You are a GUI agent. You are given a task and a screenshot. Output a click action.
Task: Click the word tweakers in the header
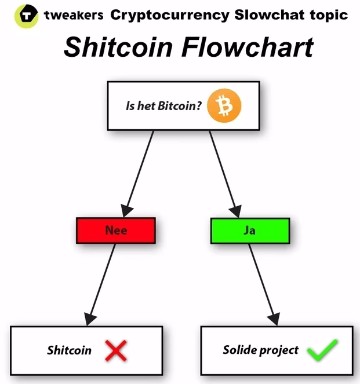tap(75, 14)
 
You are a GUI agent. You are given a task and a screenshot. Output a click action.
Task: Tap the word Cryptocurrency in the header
tap(170, 14)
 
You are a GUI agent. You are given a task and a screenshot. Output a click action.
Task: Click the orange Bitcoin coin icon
tap(224, 105)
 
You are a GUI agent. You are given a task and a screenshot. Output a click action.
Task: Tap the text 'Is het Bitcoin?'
tap(163, 106)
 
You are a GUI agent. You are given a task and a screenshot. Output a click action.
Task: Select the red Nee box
tap(116, 231)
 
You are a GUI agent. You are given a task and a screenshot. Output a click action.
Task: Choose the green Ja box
tap(249, 231)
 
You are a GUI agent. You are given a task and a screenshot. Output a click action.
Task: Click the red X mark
tap(117, 350)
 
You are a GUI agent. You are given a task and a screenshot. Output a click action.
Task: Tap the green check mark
tap(322, 350)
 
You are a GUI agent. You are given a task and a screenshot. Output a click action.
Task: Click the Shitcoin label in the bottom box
tap(69, 350)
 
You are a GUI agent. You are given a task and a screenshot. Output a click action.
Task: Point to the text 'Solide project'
tap(260, 350)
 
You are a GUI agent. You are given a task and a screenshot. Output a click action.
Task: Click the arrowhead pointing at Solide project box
tap(275, 318)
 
